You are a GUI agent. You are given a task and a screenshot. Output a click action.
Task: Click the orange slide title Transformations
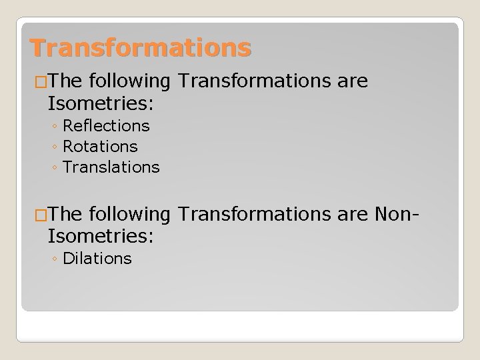141,48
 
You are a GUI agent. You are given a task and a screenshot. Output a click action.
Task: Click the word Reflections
106,125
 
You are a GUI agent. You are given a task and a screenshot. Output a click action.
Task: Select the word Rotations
100,146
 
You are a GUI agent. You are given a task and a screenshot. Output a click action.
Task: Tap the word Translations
111,167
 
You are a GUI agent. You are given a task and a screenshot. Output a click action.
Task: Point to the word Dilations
97,258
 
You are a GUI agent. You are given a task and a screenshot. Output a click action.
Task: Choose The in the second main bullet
65,214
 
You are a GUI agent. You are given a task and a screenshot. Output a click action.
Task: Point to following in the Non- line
129,214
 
